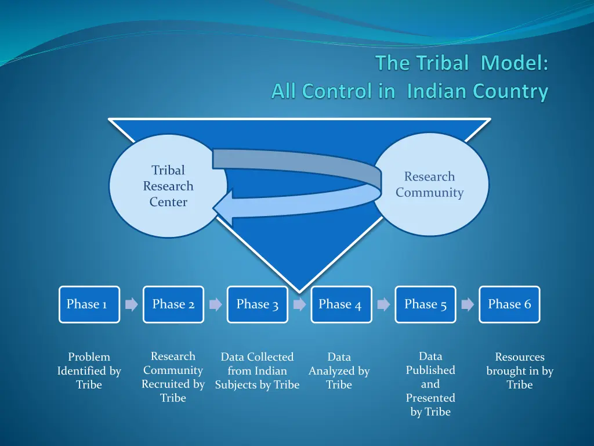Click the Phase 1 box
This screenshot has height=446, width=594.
[89, 304]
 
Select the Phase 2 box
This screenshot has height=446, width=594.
[173, 304]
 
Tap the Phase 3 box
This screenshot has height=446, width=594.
[258, 304]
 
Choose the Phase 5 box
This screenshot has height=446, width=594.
[425, 304]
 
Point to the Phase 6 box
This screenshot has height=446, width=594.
[509, 304]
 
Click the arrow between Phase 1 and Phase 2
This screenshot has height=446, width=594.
[132, 304]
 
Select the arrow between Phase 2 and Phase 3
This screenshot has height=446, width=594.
[216, 304]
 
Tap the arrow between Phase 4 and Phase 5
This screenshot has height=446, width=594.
[383, 304]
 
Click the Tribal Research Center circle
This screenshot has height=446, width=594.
[162, 186]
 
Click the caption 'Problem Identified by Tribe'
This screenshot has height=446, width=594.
[89, 371]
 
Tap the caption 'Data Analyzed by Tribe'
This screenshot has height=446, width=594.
[339, 371]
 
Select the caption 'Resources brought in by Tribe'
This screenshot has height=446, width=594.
[520, 371]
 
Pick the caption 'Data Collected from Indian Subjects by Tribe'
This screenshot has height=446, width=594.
[258, 371]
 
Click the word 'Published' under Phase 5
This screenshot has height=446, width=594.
[430, 370]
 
